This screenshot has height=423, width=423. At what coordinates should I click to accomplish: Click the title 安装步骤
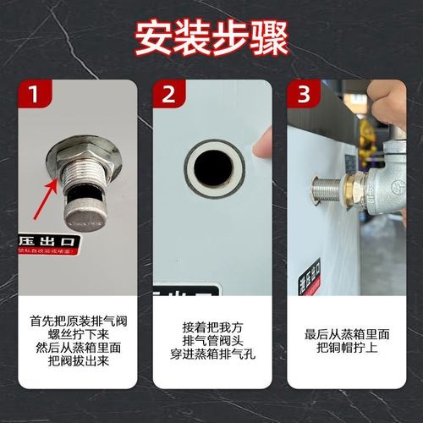(x=211, y=36)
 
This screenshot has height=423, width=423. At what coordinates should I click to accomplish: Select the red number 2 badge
(x=169, y=96)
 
